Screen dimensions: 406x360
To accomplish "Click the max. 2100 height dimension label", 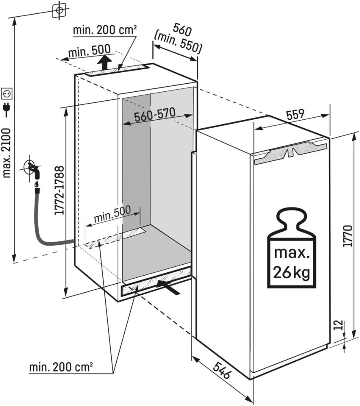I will [x=7, y=152].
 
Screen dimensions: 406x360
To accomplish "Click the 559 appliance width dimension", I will [x=296, y=115].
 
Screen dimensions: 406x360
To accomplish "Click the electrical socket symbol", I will [x=7, y=94].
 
